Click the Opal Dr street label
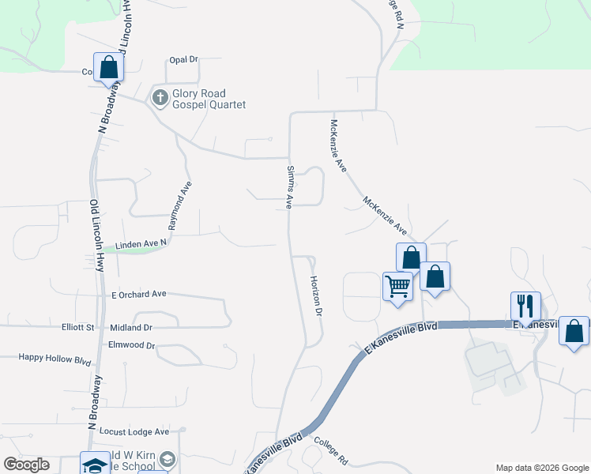tap(183, 59)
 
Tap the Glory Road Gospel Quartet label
tap(209, 99)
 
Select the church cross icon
tap(160, 99)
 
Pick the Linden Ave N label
tap(141, 246)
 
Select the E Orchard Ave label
tap(139, 294)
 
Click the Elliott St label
tap(78, 327)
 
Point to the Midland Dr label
tap(131, 327)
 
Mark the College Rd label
tap(331, 450)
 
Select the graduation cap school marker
tap(96, 465)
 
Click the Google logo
tap(26, 465)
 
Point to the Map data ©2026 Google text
tap(541, 468)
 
